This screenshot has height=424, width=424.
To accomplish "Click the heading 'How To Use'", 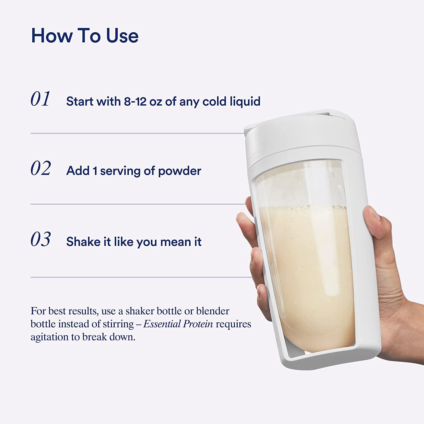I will click(85, 36).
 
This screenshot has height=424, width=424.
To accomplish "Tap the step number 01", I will click(40, 99).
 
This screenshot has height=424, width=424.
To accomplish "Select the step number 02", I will click(41, 168).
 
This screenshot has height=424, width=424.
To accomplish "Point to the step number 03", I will click(41, 239).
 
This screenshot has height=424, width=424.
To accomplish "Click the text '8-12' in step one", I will click(135, 101).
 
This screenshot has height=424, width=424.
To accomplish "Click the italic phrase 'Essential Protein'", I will click(178, 324).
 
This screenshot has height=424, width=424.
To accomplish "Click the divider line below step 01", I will click(136, 133).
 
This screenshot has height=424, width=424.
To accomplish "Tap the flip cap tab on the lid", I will click(334, 114).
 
